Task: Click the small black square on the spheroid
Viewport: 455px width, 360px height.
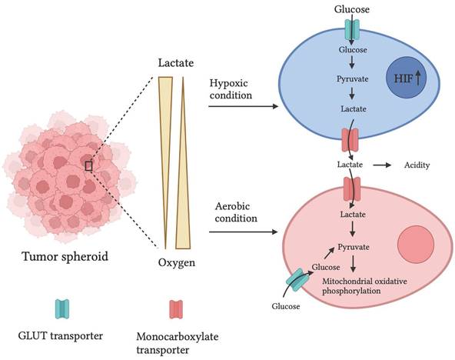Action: click(90, 165)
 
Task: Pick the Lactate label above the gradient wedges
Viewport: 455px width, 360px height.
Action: click(177, 62)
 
